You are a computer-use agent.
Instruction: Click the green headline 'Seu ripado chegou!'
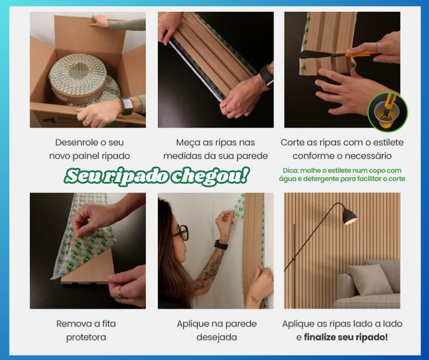pos(157,176)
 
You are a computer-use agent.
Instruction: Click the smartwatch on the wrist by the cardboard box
pos(127,106)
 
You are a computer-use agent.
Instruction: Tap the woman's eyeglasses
pos(182,232)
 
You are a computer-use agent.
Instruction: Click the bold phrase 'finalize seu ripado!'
pos(346,337)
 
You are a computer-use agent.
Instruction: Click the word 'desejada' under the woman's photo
pos(216,337)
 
